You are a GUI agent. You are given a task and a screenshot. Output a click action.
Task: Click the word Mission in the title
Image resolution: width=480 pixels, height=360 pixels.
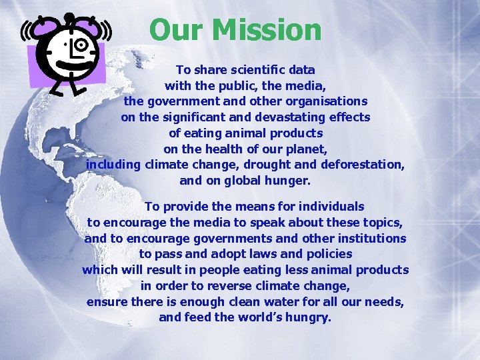tap(274, 29)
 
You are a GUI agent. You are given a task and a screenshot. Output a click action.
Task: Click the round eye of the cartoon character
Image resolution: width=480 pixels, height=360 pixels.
tap(82, 45)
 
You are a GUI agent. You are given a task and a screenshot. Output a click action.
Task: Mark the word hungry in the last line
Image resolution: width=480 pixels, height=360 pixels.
tap(307, 318)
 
